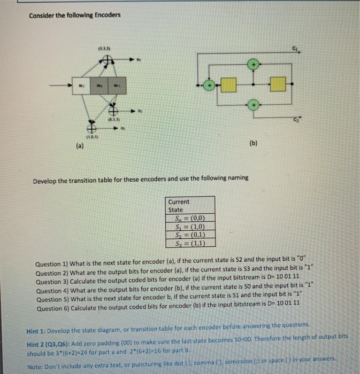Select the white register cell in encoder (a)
(81, 84)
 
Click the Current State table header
(179, 206)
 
